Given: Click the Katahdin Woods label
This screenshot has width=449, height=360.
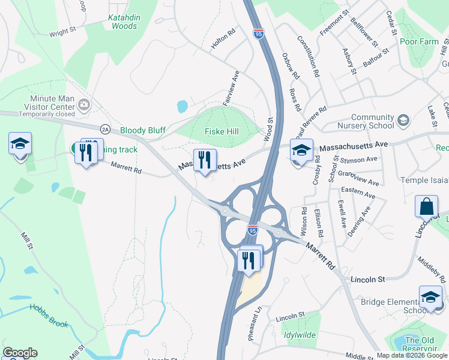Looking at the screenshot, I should coord(124,22).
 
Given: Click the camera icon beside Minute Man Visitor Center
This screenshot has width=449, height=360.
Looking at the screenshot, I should coord(83,105).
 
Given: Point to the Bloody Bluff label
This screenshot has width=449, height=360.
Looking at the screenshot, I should coord(142,130).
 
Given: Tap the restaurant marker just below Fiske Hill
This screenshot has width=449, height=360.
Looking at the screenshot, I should coord(205,161).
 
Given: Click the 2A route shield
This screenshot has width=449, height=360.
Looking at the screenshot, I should coord(106,128).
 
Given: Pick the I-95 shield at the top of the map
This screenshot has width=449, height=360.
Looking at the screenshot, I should coord(259,34).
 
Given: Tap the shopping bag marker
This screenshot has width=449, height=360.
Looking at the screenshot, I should coord(426,206).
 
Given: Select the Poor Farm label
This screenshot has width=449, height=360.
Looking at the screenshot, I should coord(419,41).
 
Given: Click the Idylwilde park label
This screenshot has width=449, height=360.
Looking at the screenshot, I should coord(301,335).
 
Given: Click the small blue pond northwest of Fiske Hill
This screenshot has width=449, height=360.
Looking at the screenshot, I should coord(182,107).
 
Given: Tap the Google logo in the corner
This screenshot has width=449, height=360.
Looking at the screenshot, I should coord(20,353).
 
